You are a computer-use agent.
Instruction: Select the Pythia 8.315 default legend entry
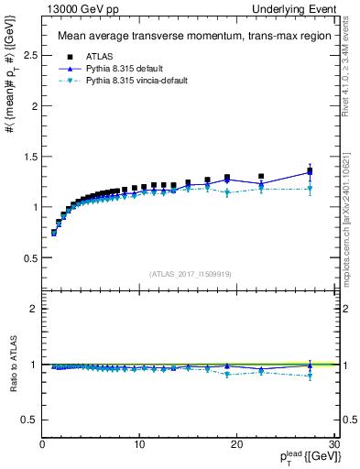click(121, 68)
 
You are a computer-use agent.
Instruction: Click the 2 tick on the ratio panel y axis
click(33, 309)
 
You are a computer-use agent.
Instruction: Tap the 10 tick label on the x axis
click(139, 444)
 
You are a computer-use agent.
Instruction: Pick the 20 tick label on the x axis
click(236, 444)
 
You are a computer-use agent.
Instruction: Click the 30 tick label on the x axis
click(333, 444)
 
